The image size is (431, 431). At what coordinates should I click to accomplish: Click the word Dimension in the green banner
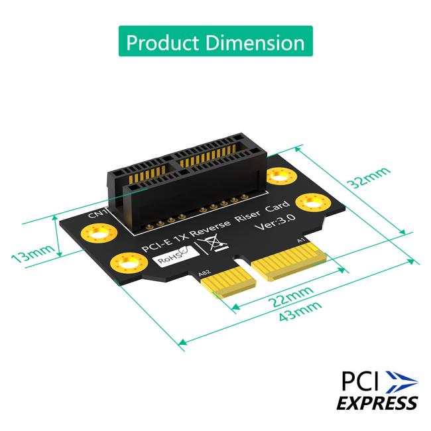[x=254, y=42]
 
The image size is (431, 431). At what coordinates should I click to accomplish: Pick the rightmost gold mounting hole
[x=310, y=201]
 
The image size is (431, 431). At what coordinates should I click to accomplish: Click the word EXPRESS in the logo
[x=377, y=402]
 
